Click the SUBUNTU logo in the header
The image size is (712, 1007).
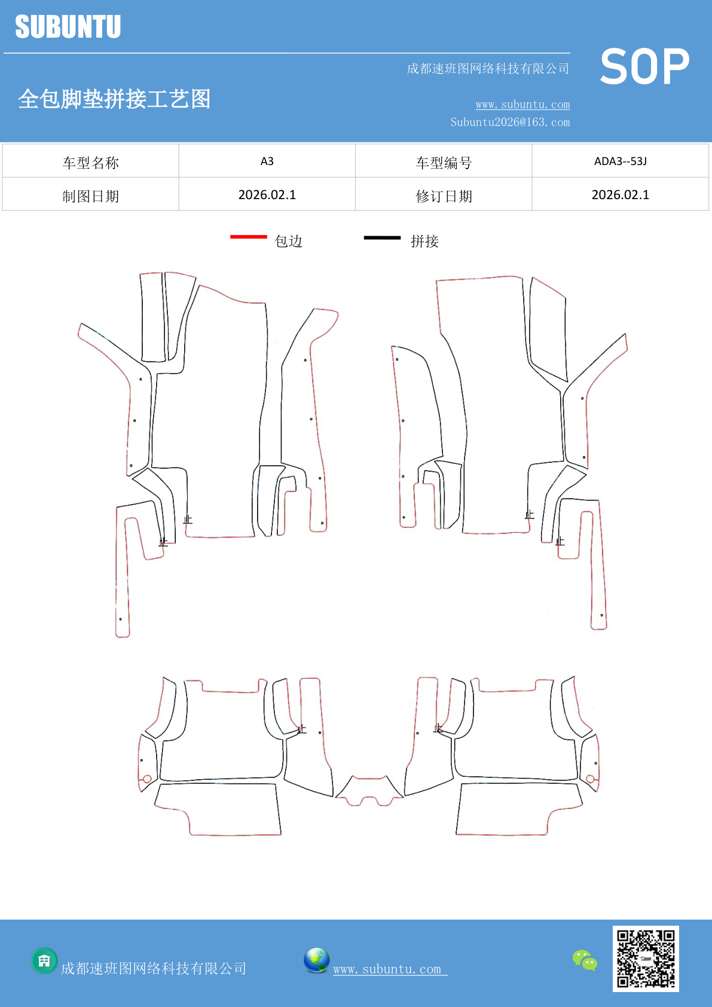(68, 26)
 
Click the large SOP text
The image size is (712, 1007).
(644, 66)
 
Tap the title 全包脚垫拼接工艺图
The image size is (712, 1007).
(114, 99)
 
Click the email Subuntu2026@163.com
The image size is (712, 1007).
(510, 122)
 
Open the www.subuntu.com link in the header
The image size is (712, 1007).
(522, 104)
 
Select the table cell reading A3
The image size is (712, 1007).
(267, 161)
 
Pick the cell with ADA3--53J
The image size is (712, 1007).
(621, 161)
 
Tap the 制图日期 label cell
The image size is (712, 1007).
(90, 195)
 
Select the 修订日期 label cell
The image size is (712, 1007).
(444, 195)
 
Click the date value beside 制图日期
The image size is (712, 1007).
(267, 195)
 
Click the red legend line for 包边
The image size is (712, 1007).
(249, 236)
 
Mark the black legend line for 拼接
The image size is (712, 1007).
(382, 237)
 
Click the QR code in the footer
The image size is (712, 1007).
(646, 959)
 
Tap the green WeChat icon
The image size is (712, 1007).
(585, 960)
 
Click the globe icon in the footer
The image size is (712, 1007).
(316, 960)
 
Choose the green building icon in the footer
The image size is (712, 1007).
(44, 961)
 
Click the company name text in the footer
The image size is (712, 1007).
(154, 968)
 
